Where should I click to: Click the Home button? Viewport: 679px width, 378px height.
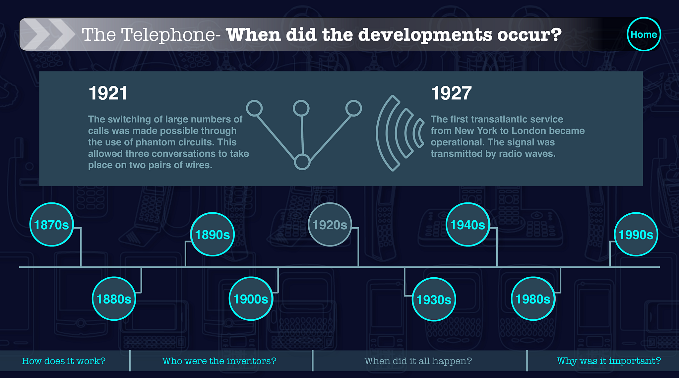[x=644, y=34]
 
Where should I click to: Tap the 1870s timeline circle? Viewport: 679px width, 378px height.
[x=51, y=225]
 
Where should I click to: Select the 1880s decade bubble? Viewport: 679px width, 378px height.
[x=114, y=299]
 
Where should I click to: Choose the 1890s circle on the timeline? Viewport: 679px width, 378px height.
[x=213, y=235]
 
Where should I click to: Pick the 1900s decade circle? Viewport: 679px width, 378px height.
[x=251, y=299]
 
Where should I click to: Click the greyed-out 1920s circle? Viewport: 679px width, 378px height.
[x=330, y=225]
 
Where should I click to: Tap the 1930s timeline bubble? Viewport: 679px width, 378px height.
[x=434, y=299]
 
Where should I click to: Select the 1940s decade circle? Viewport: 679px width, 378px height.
[x=468, y=225]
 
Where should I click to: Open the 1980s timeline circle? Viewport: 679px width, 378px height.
[x=533, y=299]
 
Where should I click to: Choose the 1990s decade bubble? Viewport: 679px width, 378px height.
[x=636, y=235]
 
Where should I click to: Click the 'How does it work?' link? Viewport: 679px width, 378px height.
[x=64, y=361]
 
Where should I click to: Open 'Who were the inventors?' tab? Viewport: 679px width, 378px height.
[x=219, y=361]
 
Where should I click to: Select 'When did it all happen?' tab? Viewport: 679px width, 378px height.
[x=418, y=361]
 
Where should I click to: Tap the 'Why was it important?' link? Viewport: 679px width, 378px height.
[x=609, y=361]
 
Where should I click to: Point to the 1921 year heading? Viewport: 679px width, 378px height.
[x=108, y=93]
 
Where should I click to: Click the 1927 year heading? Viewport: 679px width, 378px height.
[x=451, y=93]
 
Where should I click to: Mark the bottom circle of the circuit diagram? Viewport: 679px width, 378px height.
[x=302, y=162]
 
